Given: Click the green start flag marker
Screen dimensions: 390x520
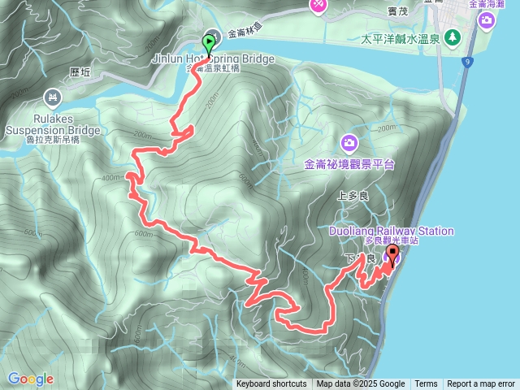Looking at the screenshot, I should [208, 43].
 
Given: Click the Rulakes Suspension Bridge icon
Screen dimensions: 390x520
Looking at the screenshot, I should [53, 99].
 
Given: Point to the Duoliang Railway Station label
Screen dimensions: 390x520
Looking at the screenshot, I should [392, 232].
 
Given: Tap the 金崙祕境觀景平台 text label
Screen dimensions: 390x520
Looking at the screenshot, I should [349, 164].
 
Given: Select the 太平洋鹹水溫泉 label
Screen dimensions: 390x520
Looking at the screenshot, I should [401, 38].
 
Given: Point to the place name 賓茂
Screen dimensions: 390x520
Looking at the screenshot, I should [398, 12].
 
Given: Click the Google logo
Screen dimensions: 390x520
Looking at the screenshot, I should [31, 379].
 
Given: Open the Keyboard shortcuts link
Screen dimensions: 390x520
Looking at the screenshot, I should [271, 384].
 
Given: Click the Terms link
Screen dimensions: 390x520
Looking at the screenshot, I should [426, 384].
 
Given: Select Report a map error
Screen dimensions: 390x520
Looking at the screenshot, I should [481, 384].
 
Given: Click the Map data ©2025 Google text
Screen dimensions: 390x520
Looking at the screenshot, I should [361, 384].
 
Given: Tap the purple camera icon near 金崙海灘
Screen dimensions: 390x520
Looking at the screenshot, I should [486, 19].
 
